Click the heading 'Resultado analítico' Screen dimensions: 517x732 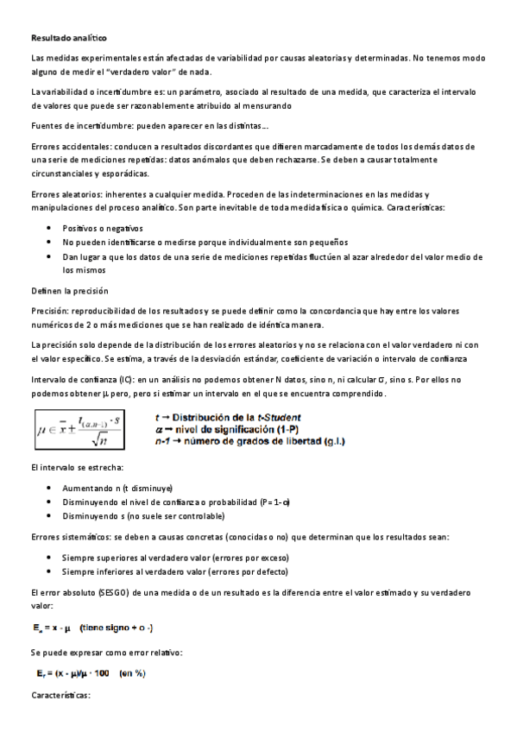[x=68, y=39]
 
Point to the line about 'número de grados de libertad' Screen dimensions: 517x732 [x=249, y=441]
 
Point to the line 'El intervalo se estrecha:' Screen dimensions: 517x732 [x=77, y=467]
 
